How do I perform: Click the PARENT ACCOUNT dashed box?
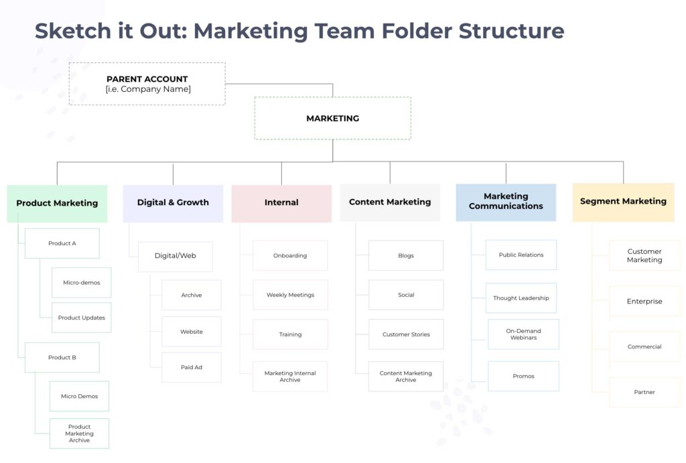147,84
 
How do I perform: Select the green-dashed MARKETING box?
332,119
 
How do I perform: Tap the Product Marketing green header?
57,203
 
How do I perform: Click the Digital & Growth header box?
173,202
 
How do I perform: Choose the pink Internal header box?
281,202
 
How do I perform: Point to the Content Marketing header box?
390,202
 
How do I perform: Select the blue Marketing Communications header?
506,202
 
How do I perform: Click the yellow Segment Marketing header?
623,201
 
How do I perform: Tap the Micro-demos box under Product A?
82,283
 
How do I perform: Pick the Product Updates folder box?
82,318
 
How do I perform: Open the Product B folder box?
62,358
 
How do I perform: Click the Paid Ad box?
192,367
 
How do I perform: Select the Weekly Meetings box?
290,295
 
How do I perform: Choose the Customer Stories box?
406,334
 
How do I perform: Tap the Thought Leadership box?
521,298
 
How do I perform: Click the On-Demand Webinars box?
523,334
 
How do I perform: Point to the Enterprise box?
644,302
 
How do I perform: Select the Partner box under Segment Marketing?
644,392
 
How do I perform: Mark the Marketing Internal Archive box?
290,377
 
